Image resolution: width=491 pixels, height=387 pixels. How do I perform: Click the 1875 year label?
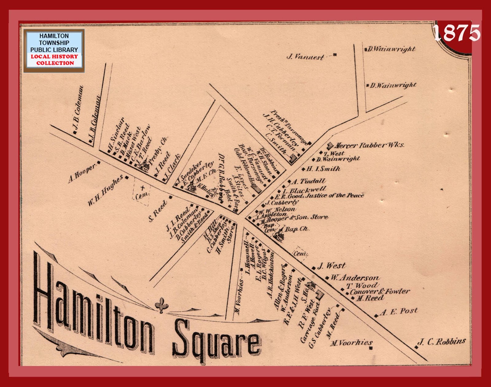[457, 33]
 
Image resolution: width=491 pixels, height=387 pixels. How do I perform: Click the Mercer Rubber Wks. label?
[369, 145]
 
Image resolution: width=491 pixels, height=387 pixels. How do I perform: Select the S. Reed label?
[157, 211]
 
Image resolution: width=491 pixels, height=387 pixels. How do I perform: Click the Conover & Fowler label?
[380, 291]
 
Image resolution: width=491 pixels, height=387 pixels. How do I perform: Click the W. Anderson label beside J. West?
[354, 278]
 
